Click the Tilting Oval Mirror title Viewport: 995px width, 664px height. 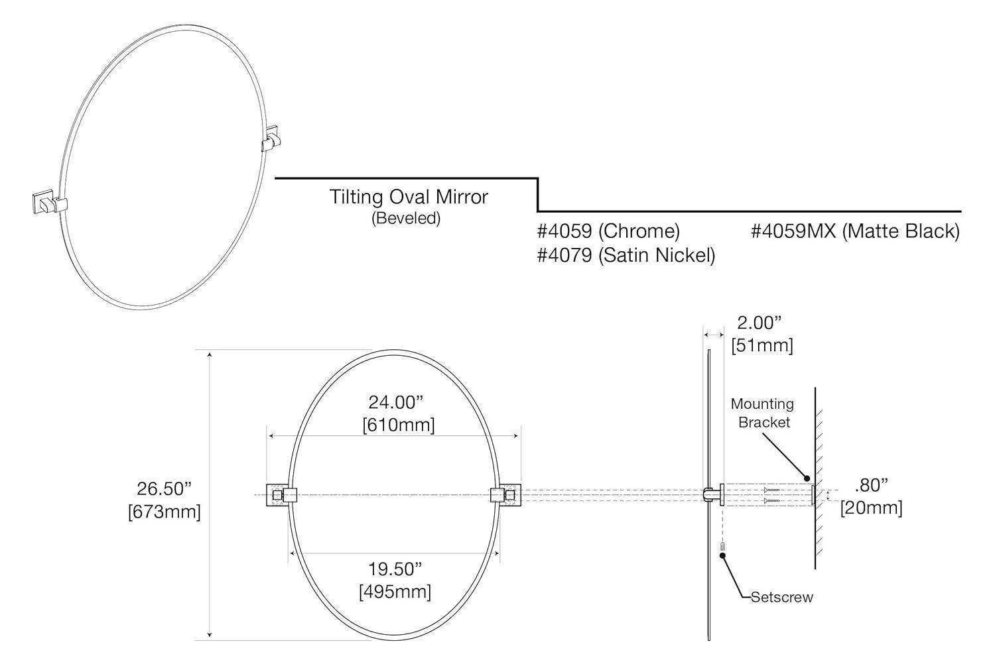point(409,197)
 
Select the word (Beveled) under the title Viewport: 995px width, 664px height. point(405,218)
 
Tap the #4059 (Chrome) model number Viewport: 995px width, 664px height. point(608,231)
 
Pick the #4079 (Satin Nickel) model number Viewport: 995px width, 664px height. point(626,255)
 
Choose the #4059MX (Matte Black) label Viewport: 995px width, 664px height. point(855,231)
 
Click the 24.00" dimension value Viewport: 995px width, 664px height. point(396,402)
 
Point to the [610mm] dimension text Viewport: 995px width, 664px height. point(398,425)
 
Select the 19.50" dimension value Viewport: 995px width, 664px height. point(395,569)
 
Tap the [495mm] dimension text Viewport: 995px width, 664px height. point(395,591)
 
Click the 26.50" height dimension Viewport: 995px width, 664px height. point(164,488)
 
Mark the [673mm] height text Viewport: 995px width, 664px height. point(164,512)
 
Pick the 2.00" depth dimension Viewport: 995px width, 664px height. point(760,323)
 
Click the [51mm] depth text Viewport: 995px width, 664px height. point(762,345)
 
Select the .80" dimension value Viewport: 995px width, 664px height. point(871,485)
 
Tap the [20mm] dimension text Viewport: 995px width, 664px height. point(871,508)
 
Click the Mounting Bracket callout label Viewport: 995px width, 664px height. point(763,413)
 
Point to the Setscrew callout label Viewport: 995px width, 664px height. point(781,597)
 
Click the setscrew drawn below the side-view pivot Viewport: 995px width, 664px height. point(723,548)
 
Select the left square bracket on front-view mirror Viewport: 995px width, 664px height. point(276,495)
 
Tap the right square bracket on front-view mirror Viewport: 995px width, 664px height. point(511,495)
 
